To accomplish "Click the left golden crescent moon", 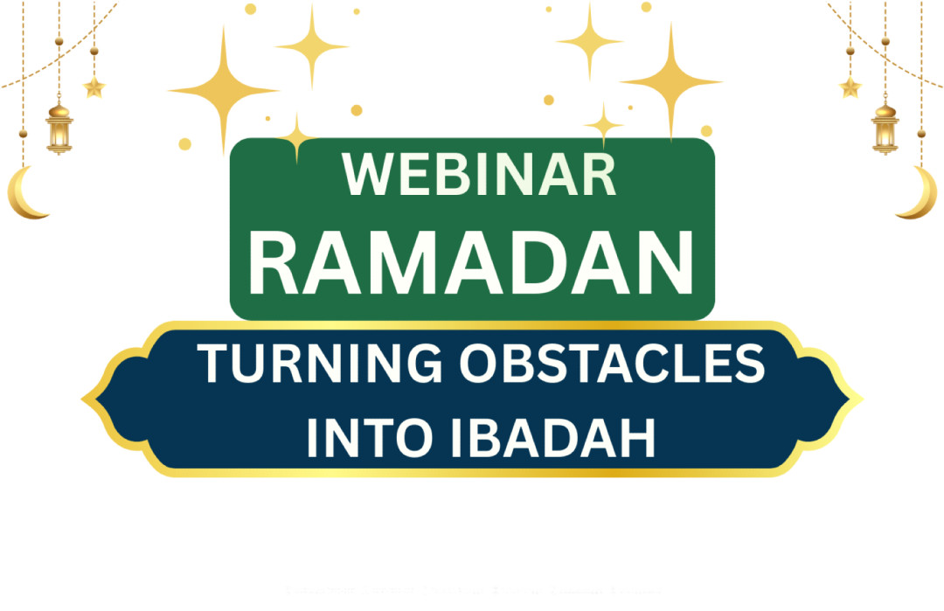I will [26, 194].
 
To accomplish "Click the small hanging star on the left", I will [94, 87].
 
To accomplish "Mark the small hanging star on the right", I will [850, 87].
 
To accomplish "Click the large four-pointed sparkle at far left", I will [223, 89].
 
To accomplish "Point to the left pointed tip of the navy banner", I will [86, 400].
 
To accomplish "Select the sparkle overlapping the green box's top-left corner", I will [297, 136].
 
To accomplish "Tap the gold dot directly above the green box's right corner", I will [706, 131].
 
